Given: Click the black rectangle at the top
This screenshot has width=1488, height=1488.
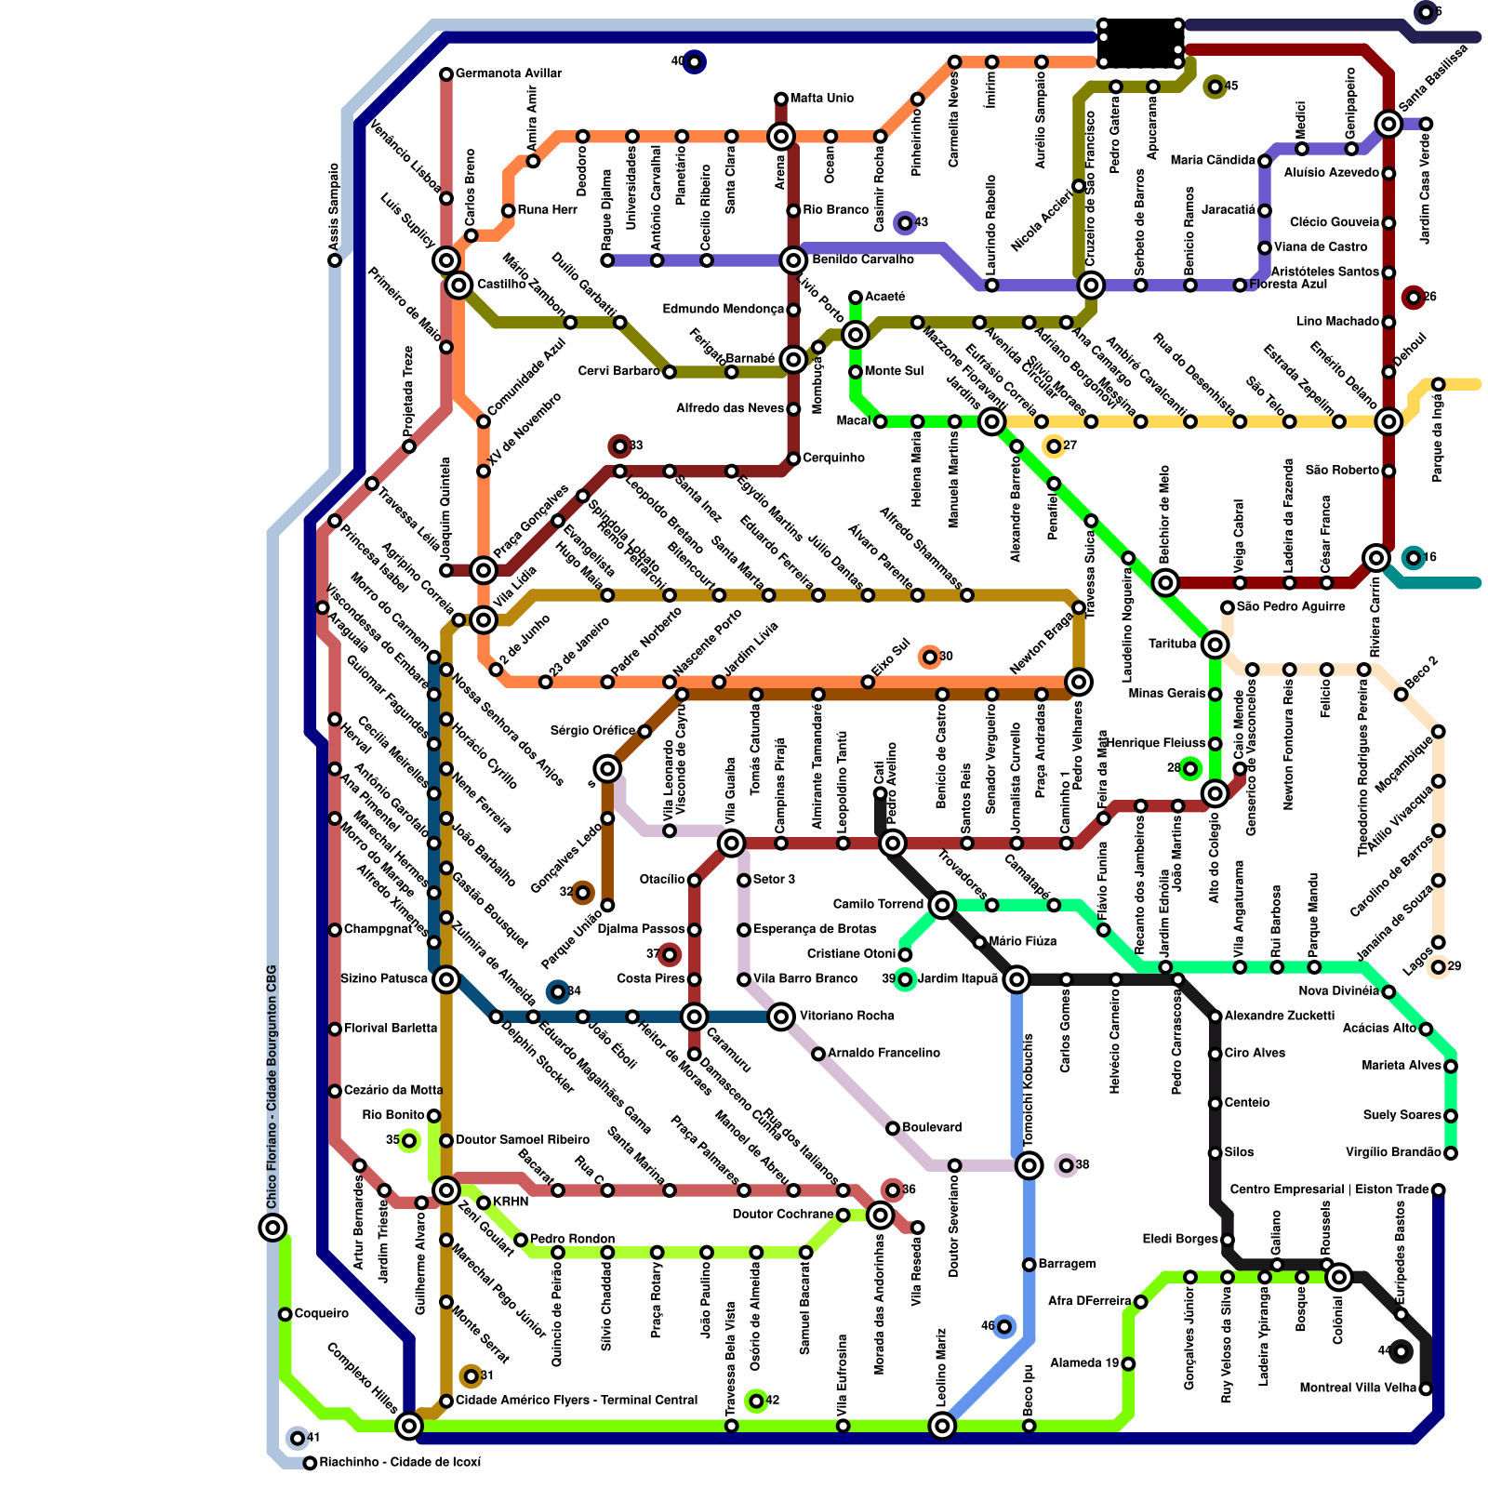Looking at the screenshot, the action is (1139, 43).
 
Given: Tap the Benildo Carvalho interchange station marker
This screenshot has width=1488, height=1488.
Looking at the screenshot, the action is (793, 260).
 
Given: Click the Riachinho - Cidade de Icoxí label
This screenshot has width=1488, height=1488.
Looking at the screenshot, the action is (400, 1463).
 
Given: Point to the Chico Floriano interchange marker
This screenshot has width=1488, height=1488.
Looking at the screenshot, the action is (272, 1228).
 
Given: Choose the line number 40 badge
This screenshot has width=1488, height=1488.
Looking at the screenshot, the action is (694, 62).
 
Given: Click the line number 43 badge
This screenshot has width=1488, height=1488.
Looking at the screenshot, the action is (905, 223).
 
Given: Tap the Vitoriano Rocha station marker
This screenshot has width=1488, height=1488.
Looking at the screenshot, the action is (781, 1016).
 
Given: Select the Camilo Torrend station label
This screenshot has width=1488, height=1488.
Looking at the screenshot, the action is (878, 904).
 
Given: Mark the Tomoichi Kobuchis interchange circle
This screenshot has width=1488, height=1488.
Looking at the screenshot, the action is (1029, 1165).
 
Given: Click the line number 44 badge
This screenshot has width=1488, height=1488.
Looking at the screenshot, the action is (1401, 1351).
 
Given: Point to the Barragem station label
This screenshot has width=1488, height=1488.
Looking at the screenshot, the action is (1067, 1264).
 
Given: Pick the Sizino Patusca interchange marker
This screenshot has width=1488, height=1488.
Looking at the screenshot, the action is (446, 979).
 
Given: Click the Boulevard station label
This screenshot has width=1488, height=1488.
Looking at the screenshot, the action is (932, 1127).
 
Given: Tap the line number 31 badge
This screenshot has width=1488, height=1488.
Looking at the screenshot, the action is (472, 1376).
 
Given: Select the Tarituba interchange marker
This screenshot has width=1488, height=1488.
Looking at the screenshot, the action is (1215, 644).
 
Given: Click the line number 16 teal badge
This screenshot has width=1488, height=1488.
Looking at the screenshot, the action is (1414, 558).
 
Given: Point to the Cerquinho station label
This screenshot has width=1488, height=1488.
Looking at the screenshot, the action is (833, 458).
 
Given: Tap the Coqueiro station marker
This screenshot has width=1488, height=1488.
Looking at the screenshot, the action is (286, 1314).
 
